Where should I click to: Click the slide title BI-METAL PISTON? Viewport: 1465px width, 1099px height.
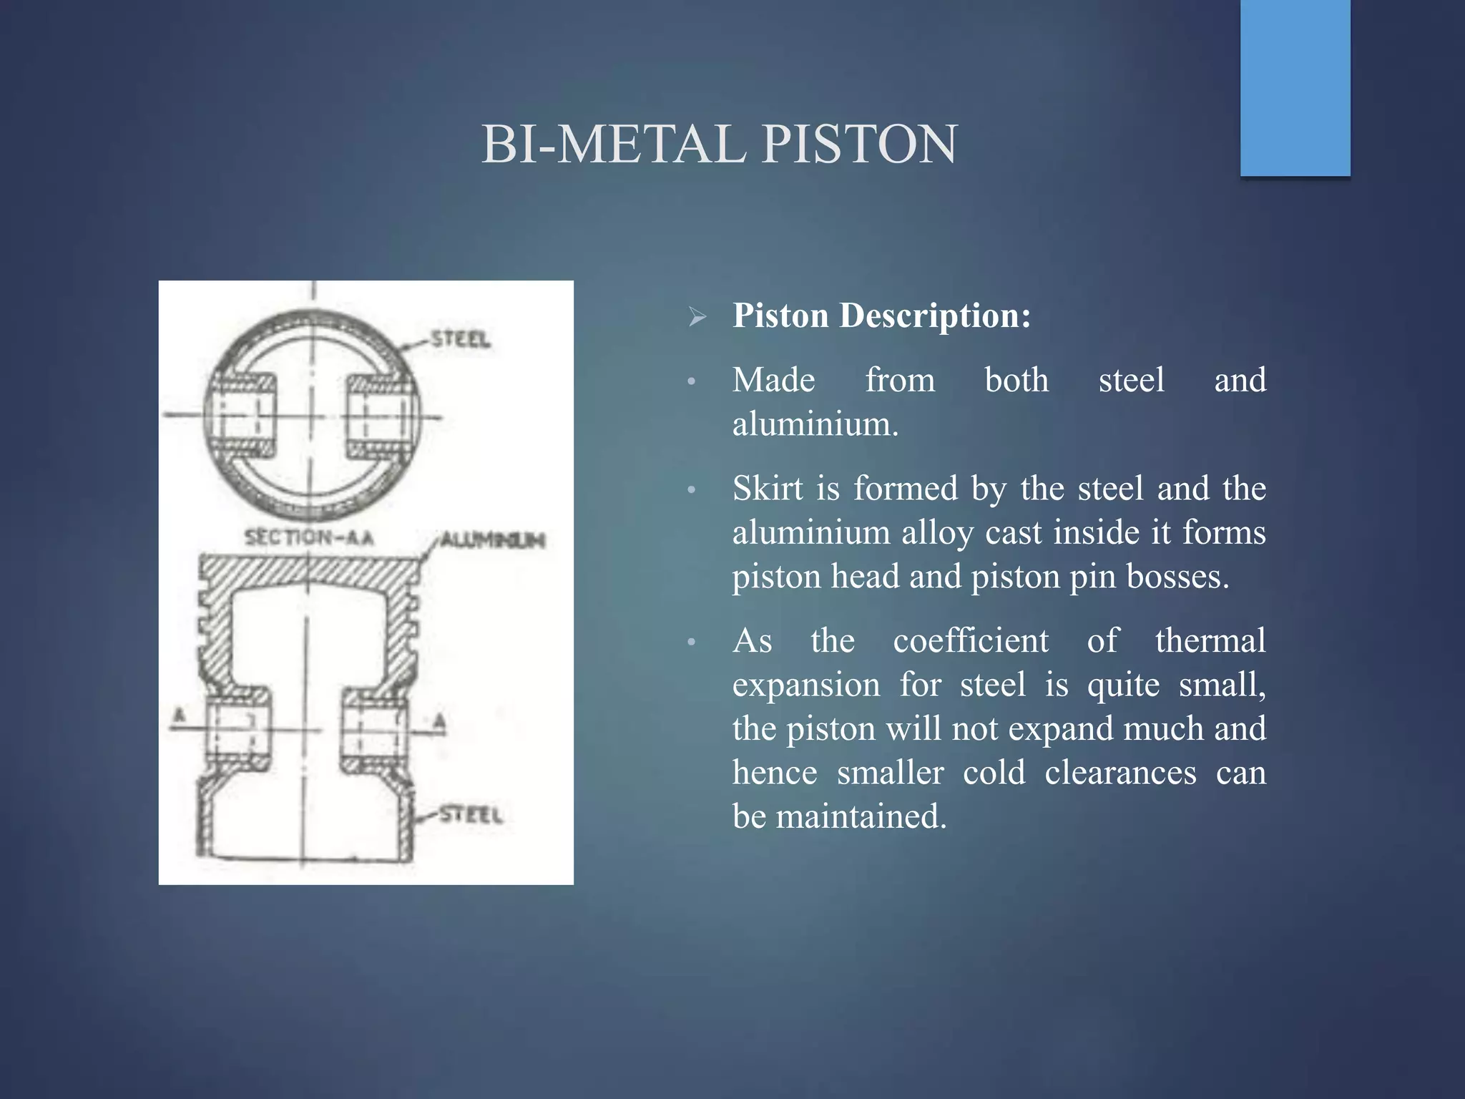click(719, 145)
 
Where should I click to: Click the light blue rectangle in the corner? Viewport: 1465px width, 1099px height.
click(1295, 87)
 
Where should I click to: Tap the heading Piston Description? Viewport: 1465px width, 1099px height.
click(881, 316)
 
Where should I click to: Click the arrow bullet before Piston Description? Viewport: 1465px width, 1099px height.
click(697, 316)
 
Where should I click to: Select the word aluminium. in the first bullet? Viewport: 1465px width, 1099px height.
click(815, 424)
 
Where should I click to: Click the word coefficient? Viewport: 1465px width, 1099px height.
click(971, 640)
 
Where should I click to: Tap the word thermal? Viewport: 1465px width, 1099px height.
click(1210, 640)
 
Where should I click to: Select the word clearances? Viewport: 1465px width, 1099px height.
click(1120, 773)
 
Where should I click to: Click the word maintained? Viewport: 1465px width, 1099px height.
click(861, 816)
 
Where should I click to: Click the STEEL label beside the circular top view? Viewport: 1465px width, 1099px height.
click(461, 339)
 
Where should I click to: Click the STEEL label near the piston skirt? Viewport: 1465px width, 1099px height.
click(471, 815)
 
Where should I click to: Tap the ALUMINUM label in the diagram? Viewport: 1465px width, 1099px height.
click(492, 539)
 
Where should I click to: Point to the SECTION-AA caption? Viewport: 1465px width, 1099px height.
click(309, 537)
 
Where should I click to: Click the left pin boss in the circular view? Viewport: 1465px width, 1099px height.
click(240, 416)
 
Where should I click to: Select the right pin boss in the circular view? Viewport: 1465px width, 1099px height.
click(380, 416)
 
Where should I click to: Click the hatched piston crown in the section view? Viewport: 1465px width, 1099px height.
click(308, 572)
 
